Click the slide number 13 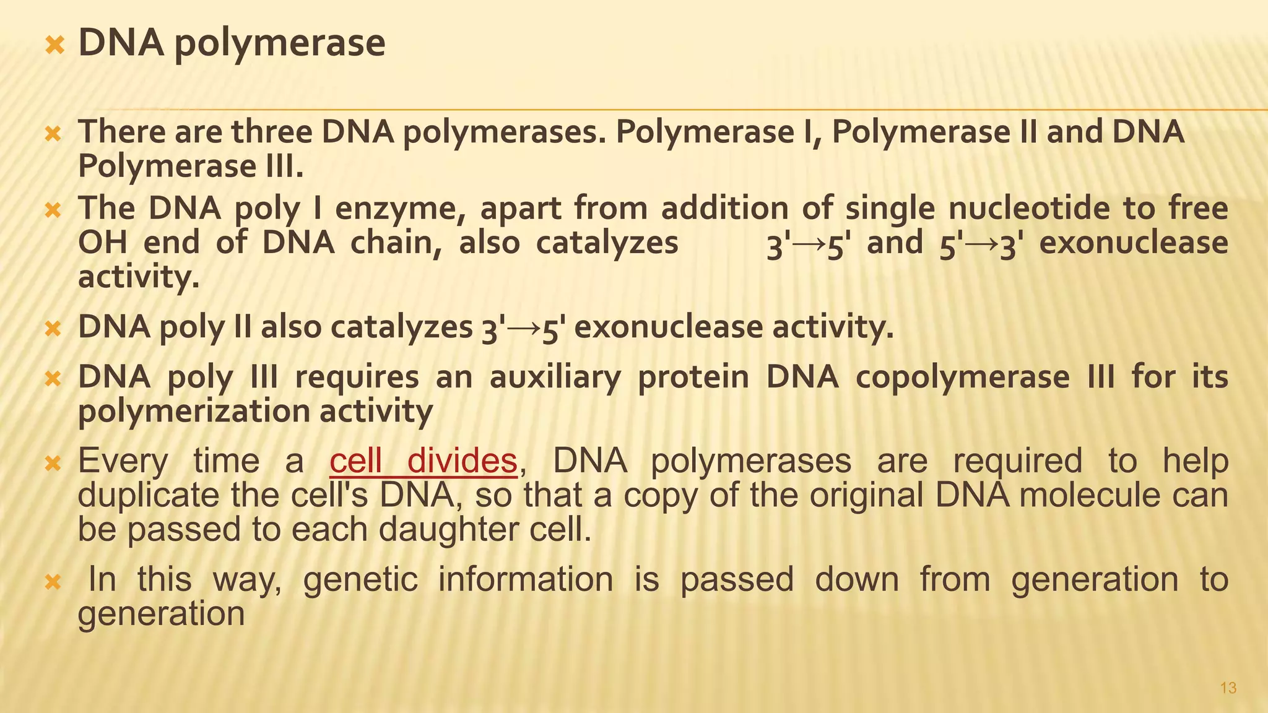[1228, 688]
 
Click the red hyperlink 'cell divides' [423, 461]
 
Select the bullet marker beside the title [55, 44]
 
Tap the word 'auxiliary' [555, 378]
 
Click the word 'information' [526, 580]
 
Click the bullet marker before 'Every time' [54, 462]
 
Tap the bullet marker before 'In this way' [54, 581]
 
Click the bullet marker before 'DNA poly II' [54, 328]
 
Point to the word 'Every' [123, 462]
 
